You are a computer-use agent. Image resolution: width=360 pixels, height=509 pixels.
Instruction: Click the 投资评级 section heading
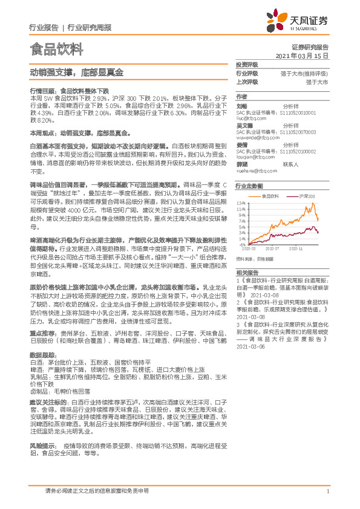247,64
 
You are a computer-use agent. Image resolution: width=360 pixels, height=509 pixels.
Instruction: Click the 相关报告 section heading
247,256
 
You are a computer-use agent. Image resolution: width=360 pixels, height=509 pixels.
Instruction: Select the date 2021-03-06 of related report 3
250,364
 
